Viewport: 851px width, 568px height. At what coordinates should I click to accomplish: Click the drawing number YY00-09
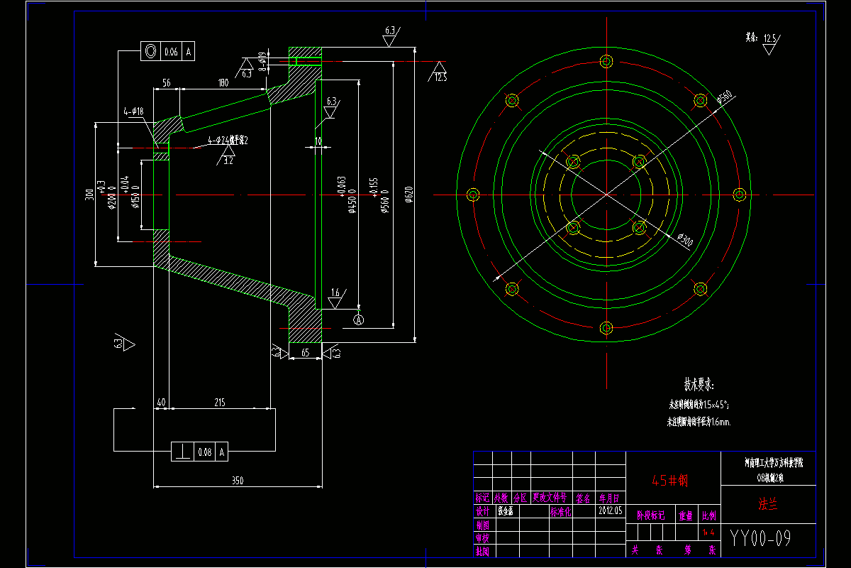click(760, 538)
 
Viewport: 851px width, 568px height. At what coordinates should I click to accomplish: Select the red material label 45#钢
click(670, 481)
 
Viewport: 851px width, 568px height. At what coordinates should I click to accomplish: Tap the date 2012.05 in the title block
click(610, 510)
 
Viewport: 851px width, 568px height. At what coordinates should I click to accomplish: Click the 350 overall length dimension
click(238, 481)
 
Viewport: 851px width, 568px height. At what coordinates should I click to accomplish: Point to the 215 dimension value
click(219, 403)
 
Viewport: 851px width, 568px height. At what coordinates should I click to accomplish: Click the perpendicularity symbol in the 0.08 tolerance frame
click(184, 451)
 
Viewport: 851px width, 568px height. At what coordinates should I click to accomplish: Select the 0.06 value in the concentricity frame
click(171, 52)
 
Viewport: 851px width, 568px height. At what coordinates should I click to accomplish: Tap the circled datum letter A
click(359, 320)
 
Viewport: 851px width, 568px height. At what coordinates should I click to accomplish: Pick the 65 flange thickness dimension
click(306, 351)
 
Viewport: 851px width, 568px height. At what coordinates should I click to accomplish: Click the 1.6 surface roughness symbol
click(335, 293)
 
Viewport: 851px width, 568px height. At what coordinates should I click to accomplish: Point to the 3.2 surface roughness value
click(228, 161)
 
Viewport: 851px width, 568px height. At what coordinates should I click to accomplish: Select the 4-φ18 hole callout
click(133, 111)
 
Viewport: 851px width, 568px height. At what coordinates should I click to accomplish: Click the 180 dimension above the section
click(223, 84)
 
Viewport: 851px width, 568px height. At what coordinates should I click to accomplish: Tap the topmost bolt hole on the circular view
click(606, 61)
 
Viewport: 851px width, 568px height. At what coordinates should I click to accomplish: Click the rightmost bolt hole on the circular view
click(739, 195)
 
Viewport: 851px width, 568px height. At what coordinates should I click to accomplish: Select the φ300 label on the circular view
click(685, 240)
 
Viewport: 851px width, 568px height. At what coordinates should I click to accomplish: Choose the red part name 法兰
click(767, 506)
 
